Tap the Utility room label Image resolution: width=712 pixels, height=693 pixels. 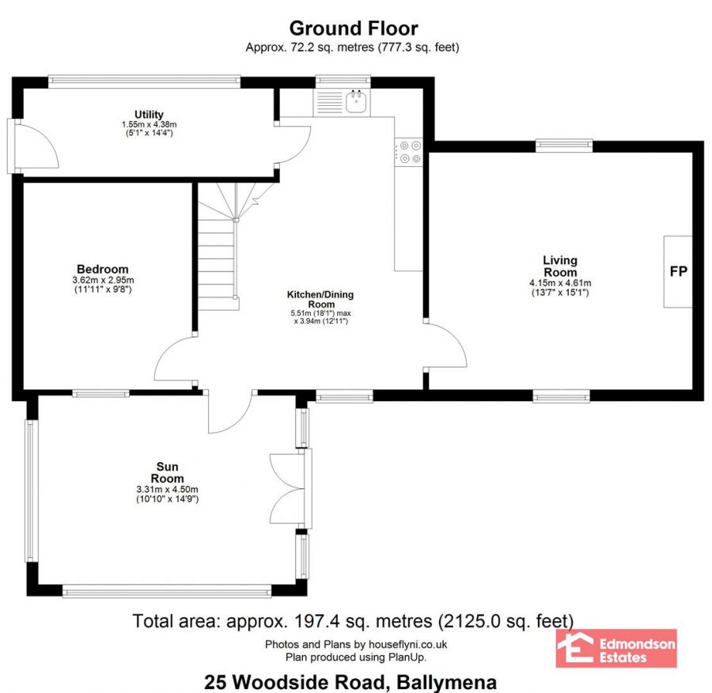149,116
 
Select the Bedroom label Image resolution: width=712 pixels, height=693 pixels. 102,269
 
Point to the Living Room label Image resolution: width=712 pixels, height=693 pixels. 559,266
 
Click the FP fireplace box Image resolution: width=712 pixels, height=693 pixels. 678,271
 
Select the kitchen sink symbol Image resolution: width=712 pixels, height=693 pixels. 356,101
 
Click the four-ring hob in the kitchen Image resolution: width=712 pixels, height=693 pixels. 410,152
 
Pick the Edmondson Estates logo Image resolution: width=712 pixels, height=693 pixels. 616,648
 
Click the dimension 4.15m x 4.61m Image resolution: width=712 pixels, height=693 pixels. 559,283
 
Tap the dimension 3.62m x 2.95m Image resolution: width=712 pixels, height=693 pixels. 102,280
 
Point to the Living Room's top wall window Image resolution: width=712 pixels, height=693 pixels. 563,144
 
